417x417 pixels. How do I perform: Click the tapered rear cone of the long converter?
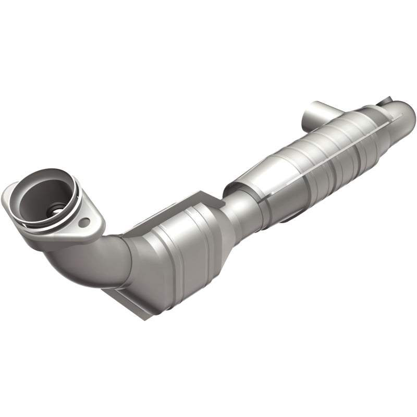pyautogui.click(x=381, y=130)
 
